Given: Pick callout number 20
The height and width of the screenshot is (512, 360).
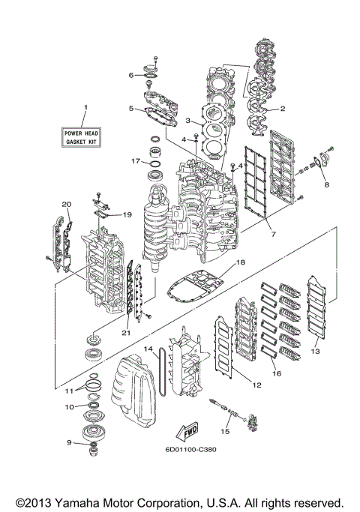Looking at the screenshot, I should point(67,204).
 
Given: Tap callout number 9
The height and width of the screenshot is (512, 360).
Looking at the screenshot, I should point(69,442).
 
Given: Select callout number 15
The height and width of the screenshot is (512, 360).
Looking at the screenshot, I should point(224,432).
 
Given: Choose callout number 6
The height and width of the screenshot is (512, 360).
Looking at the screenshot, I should point(130,75).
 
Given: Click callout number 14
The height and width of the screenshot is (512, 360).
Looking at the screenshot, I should point(148,349).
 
